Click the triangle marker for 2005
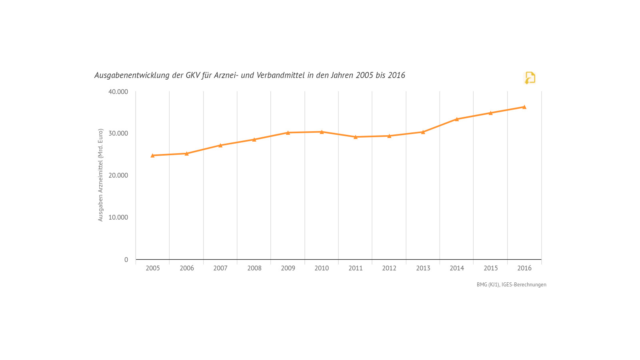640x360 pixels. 152,155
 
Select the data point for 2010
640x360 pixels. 322,132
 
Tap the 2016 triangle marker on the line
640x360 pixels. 524,107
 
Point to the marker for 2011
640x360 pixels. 355,137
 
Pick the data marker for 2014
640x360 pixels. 456,119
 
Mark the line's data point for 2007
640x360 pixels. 220,145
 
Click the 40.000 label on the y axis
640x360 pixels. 118,92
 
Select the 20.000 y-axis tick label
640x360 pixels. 118,175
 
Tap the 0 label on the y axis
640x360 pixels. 126,260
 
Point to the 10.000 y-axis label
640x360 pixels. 118,217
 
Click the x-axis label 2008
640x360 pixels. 254,268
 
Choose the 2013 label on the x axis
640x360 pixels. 423,268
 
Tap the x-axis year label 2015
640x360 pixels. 490,268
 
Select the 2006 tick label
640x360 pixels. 186,268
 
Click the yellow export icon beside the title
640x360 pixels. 530,78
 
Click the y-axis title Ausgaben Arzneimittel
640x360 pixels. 100,175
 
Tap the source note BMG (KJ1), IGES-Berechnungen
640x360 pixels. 511,284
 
